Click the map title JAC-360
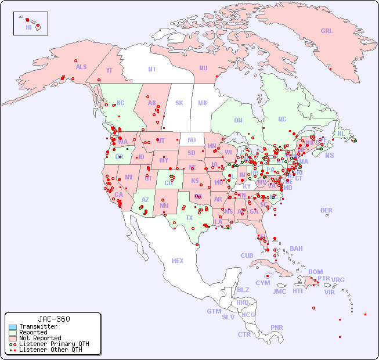point(54,319)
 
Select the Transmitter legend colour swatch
point(12,327)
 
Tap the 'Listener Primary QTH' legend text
point(54,344)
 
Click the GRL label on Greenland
point(327,31)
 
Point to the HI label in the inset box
point(28,27)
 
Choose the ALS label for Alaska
point(81,67)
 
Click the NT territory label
point(152,69)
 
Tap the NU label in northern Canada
point(203,68)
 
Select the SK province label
point(179,103)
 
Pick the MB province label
point(203,103)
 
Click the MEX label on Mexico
point(178,261)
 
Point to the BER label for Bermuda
point(327,210)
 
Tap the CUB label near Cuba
point(247,255)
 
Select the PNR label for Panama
point(277,327)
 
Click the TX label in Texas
point(189,218)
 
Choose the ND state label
point(192,140)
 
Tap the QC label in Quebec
point(282,119)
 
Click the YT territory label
point(109,70)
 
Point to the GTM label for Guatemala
point(214,311)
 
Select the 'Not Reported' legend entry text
point(40,338)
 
